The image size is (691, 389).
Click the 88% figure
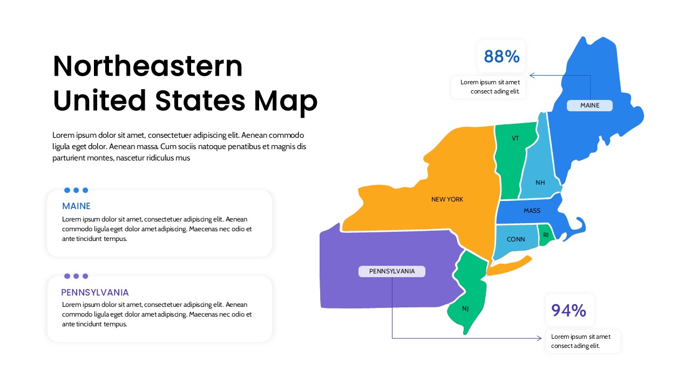502,56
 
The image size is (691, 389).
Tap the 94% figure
568,310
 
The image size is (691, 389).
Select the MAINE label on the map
590,105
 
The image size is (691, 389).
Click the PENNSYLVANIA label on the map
392,271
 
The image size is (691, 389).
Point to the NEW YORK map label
447,199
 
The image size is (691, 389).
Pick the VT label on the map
515,138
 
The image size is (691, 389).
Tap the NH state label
540,183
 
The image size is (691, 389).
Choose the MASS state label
532,211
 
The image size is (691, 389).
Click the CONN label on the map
516,239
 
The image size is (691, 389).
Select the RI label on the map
546,235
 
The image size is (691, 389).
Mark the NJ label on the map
465,309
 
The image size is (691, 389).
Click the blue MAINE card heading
76,206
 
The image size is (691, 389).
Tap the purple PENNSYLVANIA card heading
95,292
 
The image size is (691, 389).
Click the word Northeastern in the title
148,66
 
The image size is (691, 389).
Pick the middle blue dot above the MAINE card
76,190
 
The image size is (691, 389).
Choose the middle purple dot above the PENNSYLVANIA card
76,276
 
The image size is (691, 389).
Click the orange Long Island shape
510,265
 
